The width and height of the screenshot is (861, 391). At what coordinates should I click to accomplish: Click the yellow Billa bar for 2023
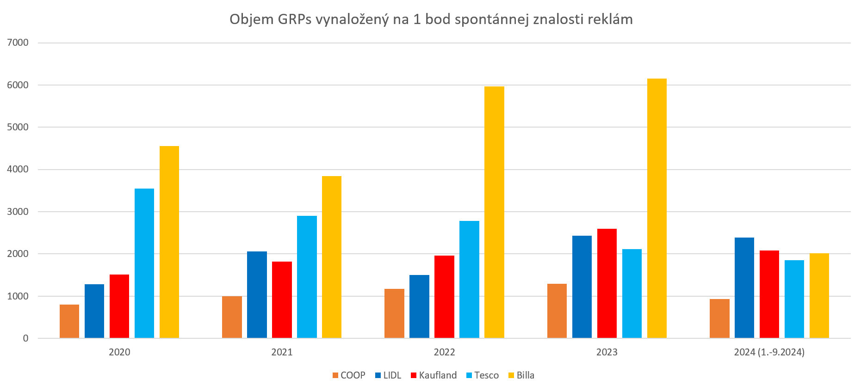tap(657, 208)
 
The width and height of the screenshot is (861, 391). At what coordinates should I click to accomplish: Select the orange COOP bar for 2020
tap(69, 321)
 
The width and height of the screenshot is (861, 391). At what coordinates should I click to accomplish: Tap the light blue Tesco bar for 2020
tap(144, 263)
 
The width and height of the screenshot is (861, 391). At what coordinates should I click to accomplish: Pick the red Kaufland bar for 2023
tap(607, 283)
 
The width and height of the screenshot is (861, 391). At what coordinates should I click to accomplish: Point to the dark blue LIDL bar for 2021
tap(257, 295)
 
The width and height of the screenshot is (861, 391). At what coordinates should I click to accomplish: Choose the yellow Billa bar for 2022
tap(494, 212)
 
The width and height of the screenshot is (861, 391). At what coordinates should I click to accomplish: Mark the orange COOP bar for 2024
tap(719, 318)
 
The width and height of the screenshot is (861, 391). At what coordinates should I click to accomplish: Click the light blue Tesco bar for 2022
tap(469, 280)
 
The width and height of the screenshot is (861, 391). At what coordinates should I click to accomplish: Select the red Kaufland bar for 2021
tap(282, 300)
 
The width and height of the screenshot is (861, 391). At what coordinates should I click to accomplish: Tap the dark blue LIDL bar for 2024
tap(744, 288)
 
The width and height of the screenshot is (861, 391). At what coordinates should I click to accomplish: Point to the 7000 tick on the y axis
tap(18, 43)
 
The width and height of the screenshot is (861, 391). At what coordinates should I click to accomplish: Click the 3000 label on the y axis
tap(18, 212)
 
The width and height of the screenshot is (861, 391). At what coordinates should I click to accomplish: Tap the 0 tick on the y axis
tap(25, 338)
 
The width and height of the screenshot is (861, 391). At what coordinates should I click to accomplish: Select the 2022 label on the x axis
tap(444, 352)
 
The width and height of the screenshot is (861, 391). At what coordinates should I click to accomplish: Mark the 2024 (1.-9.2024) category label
tap(769, 352)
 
